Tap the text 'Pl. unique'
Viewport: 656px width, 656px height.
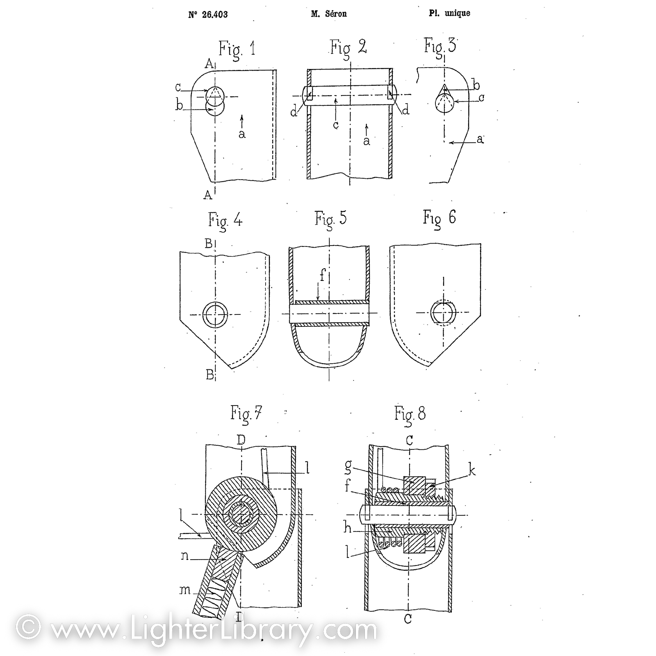449,13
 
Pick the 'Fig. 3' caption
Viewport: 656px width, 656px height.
440,46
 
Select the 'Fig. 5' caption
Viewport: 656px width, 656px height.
330,219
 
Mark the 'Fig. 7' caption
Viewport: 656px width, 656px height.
246,413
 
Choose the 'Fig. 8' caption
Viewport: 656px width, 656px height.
410,414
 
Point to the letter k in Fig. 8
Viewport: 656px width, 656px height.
472,470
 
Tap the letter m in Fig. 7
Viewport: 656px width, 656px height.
185,590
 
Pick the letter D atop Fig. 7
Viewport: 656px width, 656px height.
241,440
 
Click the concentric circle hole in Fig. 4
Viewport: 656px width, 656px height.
215,314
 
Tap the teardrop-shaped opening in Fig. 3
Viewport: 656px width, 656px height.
444,101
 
